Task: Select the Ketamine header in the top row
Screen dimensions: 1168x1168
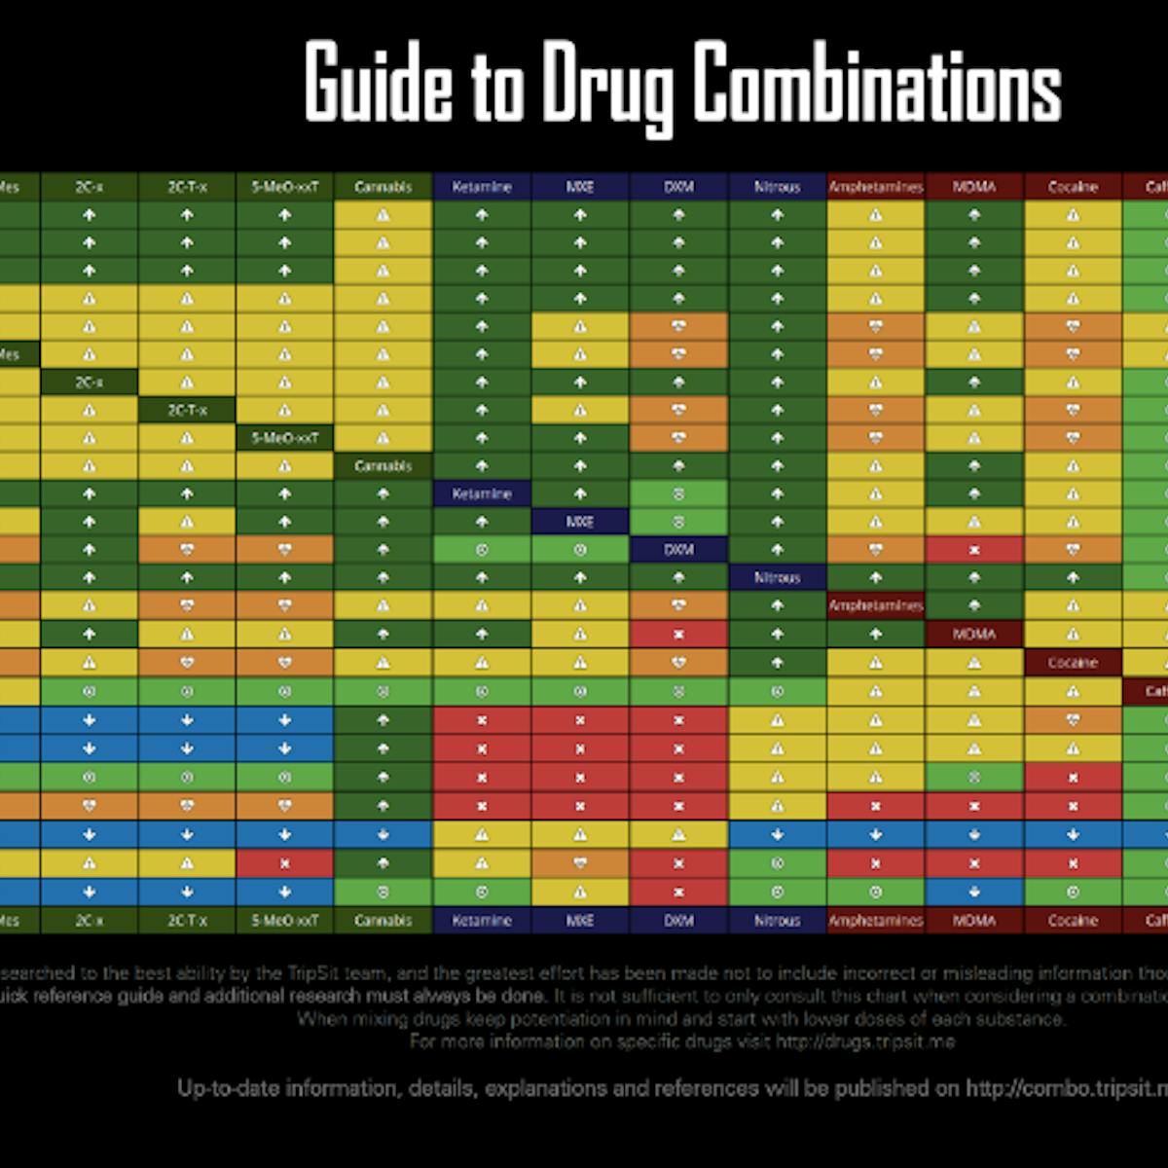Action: pyautogui.click(x=482, y=187)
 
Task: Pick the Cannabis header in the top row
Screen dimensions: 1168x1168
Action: pyautogui.click(x=383, y=187)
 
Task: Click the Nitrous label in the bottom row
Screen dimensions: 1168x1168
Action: pyautogui.click(x=777, y=920)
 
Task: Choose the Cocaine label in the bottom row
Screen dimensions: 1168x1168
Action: pyautogui.click(x=1073, y=920)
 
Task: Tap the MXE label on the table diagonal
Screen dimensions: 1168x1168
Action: pyautogui.click(x=580, y=522)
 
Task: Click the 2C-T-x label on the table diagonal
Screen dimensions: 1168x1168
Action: pyautogui.click(x=187, y=410)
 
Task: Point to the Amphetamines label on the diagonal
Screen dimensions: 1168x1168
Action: pyautogui.click(x=875, y=605)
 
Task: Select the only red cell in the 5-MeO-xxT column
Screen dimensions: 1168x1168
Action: pyautogui.click(x=285, y=862)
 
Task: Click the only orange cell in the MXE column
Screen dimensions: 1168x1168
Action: pyautogui.click(x=580, y=862)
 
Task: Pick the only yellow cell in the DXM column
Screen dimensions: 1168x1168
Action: pyautogui.click(x=678, y=834)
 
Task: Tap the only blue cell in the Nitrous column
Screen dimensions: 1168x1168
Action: pyautogui.click(x=777, y=834)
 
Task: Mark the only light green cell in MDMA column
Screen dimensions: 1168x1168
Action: pyautogui.click(x=973, y=778)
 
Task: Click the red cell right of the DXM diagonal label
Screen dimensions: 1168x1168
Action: pyautogui.click(x=973, y=550)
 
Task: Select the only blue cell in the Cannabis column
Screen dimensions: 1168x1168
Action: pyautogui.click(x=383, y=834)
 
